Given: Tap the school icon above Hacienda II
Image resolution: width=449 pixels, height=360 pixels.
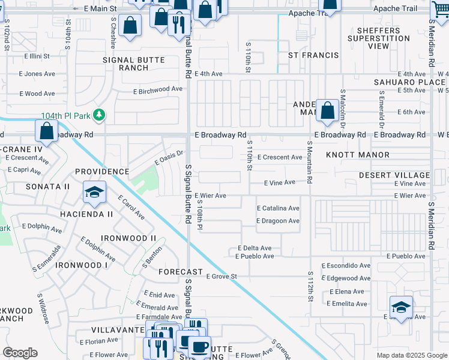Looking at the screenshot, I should [94, 193].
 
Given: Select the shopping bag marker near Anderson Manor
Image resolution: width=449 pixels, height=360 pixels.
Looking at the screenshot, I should [327, 110].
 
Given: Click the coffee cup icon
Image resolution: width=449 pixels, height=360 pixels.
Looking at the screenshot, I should [199, 346].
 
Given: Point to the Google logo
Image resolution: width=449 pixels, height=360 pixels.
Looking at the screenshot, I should [20, 353].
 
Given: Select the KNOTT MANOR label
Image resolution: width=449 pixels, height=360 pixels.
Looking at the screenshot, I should [366, 155].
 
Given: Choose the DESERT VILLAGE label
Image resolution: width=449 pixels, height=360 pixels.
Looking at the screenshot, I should [394, 175].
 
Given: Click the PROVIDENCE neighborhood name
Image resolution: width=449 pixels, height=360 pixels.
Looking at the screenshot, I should [103, 172].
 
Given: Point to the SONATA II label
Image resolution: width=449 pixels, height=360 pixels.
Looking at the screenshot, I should [48, 187].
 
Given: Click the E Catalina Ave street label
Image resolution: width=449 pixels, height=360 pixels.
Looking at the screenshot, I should [277, 208].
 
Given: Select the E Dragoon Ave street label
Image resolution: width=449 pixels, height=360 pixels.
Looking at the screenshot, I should [277, 221].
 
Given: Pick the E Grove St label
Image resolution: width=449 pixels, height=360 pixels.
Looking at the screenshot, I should [222, 277].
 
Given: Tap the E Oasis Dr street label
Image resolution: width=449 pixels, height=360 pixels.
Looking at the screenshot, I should [168, 158].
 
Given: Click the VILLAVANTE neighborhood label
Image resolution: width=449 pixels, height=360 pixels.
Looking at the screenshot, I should [115, 330].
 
